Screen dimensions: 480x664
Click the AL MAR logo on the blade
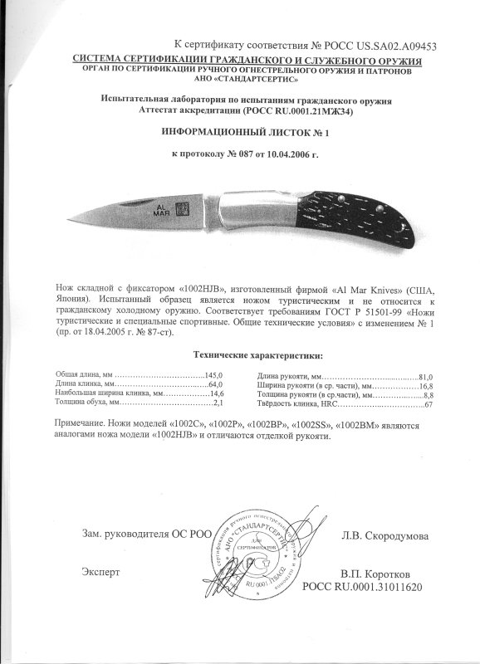[x=162, y=209]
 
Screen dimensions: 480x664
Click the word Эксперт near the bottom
[x=100, y=572]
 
